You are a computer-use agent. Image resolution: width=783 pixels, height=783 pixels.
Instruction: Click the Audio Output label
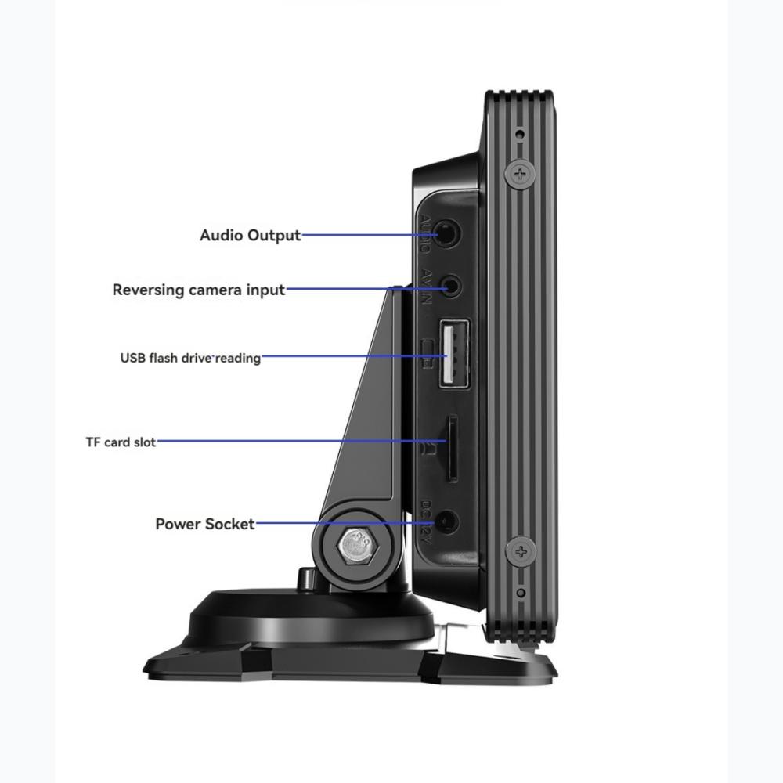pos(250,235)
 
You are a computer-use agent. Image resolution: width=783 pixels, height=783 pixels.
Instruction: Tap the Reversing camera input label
pos(198,290)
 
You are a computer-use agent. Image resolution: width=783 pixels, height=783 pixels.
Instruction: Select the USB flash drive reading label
pos(190,358)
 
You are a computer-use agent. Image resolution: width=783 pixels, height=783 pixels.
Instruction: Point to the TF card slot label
pos(121,442)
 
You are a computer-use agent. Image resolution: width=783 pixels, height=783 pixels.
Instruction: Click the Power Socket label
pos(204,524)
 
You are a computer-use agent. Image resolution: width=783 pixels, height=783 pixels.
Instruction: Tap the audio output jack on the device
pos(447,233)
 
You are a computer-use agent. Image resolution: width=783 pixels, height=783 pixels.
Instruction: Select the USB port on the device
pos(452,353)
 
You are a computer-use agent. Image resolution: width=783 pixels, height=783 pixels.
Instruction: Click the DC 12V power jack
pos(447,523)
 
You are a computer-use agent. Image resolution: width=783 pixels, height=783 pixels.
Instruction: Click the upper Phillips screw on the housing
pos(520,173)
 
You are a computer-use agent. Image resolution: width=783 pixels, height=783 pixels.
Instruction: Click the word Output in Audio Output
pos(274,235)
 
